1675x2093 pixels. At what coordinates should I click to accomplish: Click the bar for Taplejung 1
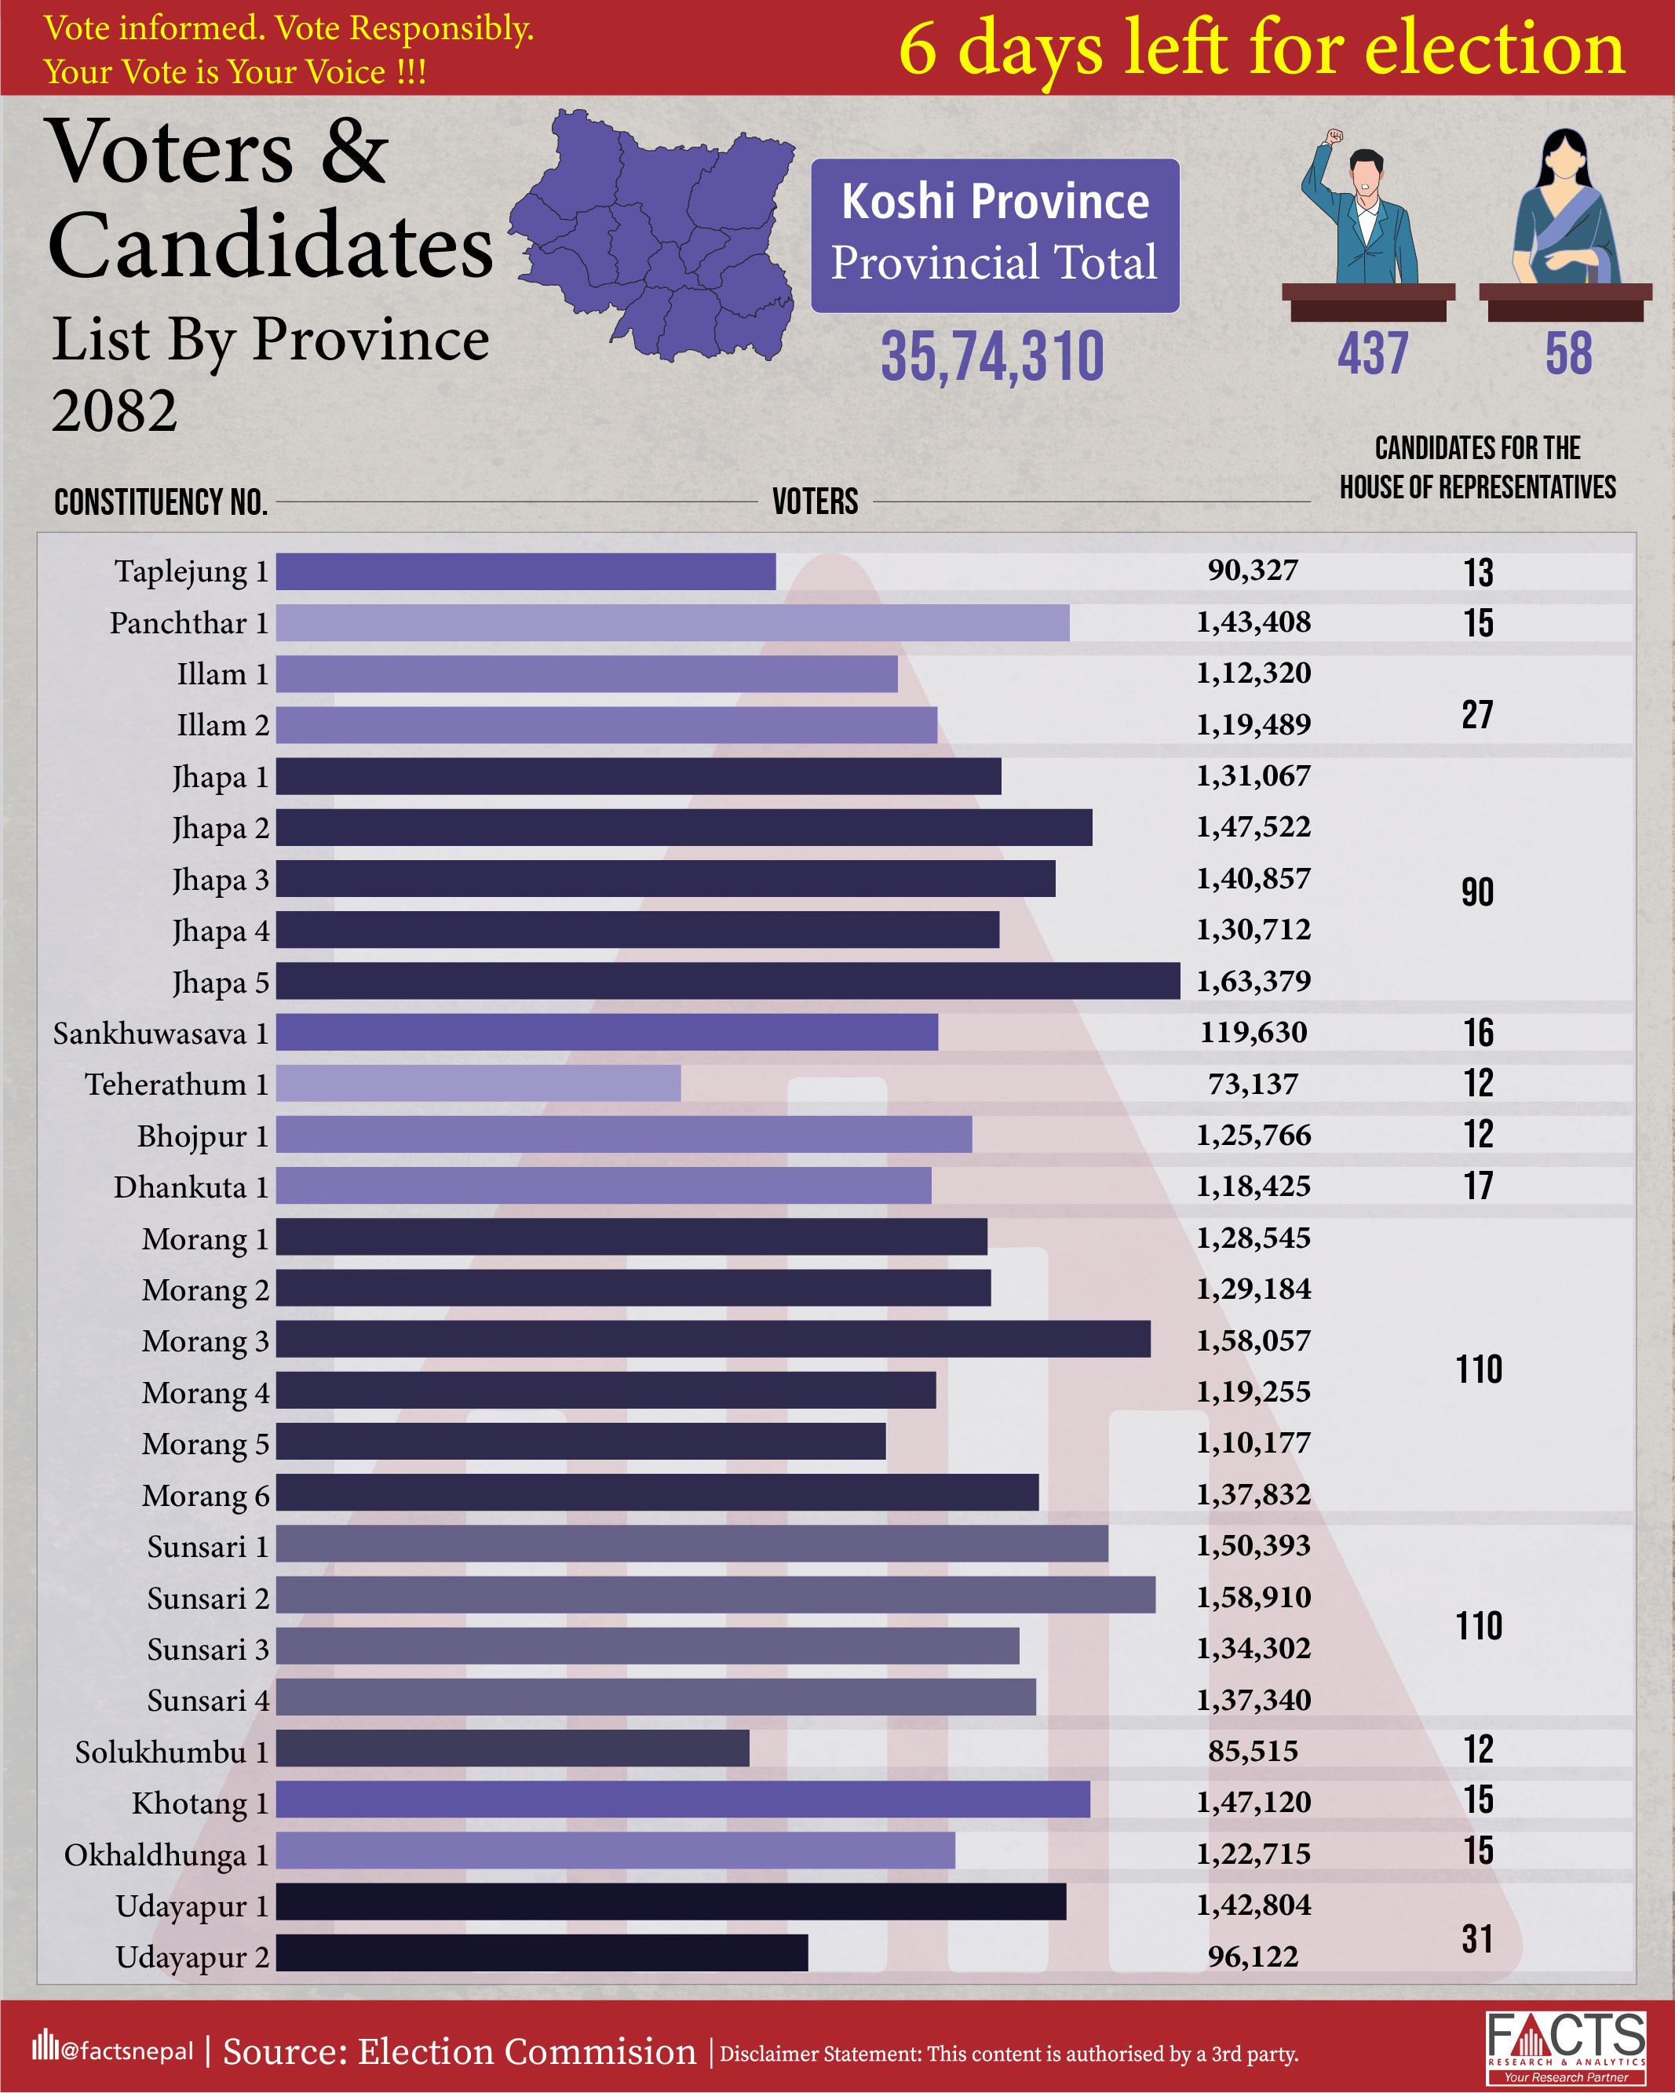pyautogui.click(x=525, y=572)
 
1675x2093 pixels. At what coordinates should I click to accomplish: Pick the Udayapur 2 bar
pyautogui.click(x=541, y=1953)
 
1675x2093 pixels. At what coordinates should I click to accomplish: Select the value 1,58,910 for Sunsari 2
pyautogui.click(x=1253, y=1597)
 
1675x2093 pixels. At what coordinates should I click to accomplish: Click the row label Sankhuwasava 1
pyautogui.click(x=161, y=1034)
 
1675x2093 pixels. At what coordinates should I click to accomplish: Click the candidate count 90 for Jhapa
pyautogui.click(x=1477, y=892)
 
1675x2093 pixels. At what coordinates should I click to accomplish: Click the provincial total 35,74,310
pyautogui.click(x=992, y=356)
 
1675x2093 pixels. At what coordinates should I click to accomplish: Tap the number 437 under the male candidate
pyautogui.click(x=1372, y=353)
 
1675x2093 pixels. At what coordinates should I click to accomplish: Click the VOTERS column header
pyautogui.click(x=815, y=502)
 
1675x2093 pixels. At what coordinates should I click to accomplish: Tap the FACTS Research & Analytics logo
pyautogui.click(x=1565, y=2047)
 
